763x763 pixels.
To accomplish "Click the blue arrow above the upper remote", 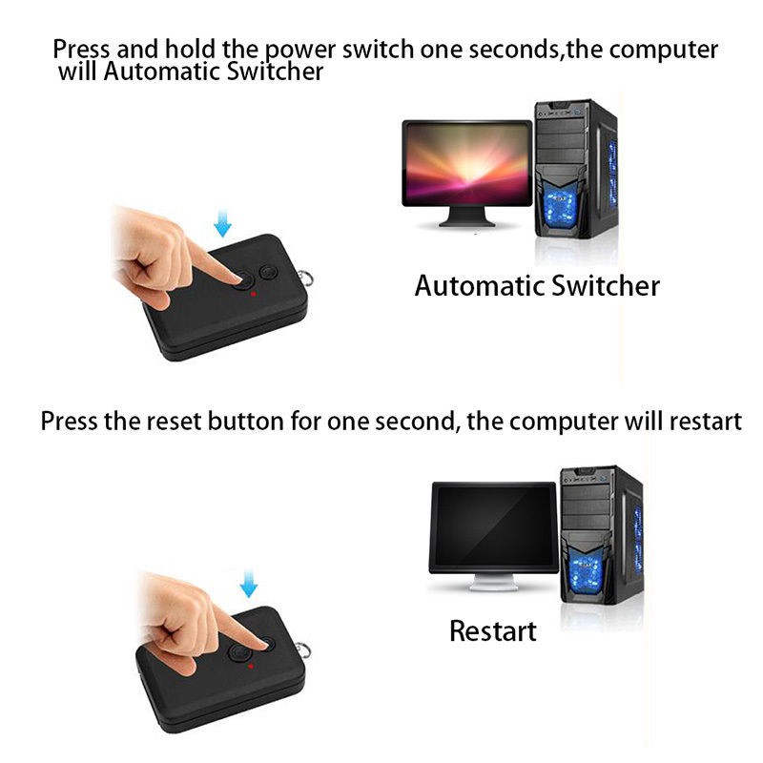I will point(222,223).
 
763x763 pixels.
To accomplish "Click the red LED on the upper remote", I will point(253,296).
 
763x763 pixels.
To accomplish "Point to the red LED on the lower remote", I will point(252,666).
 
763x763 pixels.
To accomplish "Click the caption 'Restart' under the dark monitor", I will point(492,630).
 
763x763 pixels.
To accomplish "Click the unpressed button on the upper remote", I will point(268,273).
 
